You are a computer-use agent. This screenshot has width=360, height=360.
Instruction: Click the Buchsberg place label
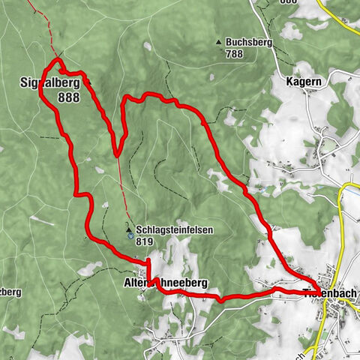pyautogui.click(x=247, y=43)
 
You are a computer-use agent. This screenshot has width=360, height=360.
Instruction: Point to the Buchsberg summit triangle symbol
pyautogui.click(x=218, y=42)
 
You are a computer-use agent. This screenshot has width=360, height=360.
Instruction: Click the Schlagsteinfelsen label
pyautogui.click(x=171, y=230)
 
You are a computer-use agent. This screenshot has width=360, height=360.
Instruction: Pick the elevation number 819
pyautogui.click(x=145, y=241)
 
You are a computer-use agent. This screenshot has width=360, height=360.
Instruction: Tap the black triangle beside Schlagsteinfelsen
pyautogui.click(x=129, y=230)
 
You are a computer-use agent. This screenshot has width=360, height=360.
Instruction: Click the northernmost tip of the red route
pyautogui.click(x=57, y=60)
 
